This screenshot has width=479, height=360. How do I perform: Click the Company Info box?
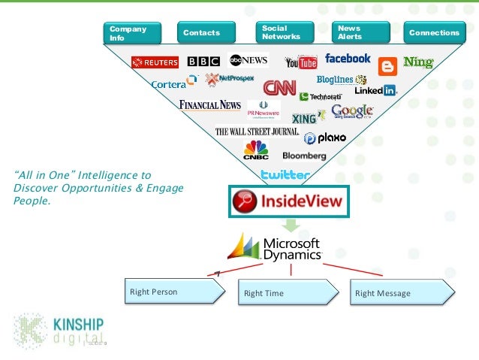131,32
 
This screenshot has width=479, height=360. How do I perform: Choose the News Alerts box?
357,32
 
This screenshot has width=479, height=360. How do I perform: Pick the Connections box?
433,32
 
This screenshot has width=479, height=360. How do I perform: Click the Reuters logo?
155,62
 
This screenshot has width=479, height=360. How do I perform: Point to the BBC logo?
203,62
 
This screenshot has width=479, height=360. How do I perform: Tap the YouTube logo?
301,62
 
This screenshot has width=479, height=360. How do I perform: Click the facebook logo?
348,58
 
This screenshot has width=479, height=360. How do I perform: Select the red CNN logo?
279,87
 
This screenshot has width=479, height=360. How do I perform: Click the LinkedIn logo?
375,90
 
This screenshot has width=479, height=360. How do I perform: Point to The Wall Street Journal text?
256,132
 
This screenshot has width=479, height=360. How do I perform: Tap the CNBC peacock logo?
255,150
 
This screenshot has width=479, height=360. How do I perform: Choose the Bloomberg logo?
304,156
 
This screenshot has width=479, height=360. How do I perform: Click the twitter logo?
285,174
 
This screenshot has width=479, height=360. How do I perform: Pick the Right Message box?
402,292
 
